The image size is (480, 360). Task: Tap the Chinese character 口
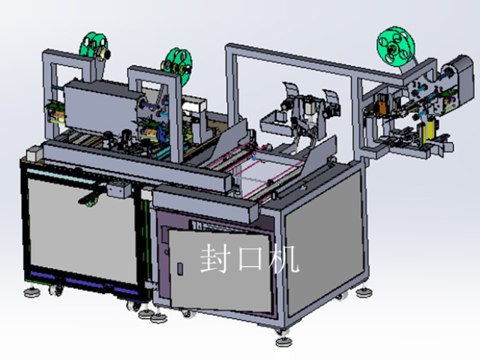(250, 259)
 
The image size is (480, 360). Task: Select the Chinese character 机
(285, 259)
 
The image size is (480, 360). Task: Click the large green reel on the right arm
(395, 46)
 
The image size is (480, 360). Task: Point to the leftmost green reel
(93, 46)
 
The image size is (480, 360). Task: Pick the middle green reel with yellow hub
(178, 65)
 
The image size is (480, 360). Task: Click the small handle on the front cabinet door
(180, 268)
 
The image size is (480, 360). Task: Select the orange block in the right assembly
(382, 108)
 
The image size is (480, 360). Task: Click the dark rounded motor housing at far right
(459, 79)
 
